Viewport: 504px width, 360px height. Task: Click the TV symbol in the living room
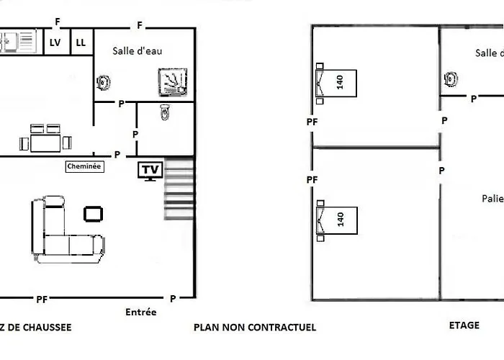tap(150, 171)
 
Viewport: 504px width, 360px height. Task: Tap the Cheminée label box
tap(84, 166)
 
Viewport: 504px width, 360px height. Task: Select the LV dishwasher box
tap(57, 42)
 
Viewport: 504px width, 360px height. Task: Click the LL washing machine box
tap(81, 42)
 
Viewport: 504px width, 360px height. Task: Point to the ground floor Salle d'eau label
tap(138, 51)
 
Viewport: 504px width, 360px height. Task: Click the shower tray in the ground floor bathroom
tap(173, 82)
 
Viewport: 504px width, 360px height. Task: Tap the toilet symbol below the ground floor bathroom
tap(165, 112)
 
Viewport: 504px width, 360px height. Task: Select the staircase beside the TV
tap(179, 189)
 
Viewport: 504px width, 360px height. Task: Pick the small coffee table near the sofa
tap(93, 214)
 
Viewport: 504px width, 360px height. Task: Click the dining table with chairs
tap(45, 139)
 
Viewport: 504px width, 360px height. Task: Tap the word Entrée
tap(141, 312)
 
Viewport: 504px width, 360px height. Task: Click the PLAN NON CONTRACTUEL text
tap(255, 327)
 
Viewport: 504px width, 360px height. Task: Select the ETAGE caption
tap(464, 325)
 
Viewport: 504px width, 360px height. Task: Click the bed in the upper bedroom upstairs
tap(336, 84)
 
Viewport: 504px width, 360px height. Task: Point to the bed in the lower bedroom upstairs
tap(336, 220)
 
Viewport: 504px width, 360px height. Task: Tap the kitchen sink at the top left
tap(18, 41)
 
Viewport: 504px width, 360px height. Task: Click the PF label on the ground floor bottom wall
tap(42, 300)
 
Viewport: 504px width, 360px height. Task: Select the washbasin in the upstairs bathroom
tap(451, 79)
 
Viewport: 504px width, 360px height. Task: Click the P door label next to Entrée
tap(173, 299)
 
